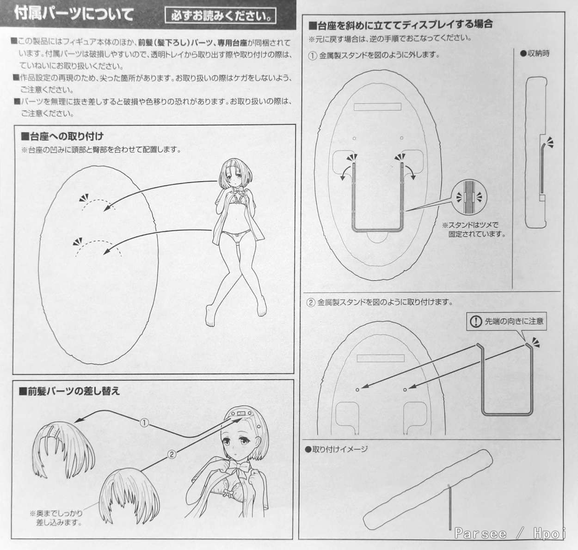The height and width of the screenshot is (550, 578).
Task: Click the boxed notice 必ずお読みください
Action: point(221,16)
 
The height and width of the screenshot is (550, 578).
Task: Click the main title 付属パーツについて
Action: point(74,14)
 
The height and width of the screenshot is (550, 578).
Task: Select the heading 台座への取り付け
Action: point(62,136)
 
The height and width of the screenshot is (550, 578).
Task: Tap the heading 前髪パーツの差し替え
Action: point(69,391)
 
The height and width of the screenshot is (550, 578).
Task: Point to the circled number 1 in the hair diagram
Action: point(144,423)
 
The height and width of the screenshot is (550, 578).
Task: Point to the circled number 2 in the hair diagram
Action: point(172,454)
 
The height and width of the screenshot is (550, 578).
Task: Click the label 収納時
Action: point(535,54)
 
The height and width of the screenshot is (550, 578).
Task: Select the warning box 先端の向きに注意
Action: point(506,321)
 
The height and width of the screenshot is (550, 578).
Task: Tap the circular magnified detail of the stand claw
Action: point(469,197)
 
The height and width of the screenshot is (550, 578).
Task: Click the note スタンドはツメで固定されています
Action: point(474,229)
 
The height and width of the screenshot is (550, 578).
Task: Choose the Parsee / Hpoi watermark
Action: point(510,533)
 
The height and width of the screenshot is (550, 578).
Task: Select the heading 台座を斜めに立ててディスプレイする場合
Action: point(400,24)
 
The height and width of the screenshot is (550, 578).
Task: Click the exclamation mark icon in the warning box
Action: point(476,322)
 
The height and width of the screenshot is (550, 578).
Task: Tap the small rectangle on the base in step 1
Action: point(377,107)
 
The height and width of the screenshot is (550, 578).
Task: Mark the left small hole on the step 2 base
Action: point(357,390)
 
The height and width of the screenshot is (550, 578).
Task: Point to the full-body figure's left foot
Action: point(210,316)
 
